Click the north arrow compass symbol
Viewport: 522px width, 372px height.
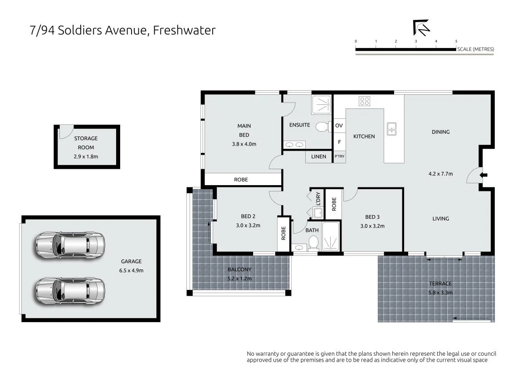tap(421, 28)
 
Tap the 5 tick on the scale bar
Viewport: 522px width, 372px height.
tap(456, 41)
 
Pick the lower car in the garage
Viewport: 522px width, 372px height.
tap(70, 291)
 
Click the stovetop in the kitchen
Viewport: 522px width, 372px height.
tap(365, 101)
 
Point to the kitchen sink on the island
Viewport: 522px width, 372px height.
tap(391, 129)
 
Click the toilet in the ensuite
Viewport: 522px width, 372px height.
tap(323, 127)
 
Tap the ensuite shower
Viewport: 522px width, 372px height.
tap(321, 105)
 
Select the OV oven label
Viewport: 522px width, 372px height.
tap(339, 126)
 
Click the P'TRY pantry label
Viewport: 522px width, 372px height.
tap(340, 156)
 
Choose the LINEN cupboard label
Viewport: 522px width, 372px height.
tap(318, 157)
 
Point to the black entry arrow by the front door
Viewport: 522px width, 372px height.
tap(484, 175)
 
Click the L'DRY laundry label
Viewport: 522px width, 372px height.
tap(318, 198)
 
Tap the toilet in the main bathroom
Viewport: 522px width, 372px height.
tap(313, 242)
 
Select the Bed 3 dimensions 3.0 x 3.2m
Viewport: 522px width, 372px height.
tap(372, 226)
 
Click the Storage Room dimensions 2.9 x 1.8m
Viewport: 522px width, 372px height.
tap(86, 156)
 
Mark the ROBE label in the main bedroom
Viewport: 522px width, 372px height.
tap(241, 180)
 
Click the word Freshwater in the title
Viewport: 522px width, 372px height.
tap(184, 30)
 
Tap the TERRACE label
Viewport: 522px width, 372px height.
tap(440, 284)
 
